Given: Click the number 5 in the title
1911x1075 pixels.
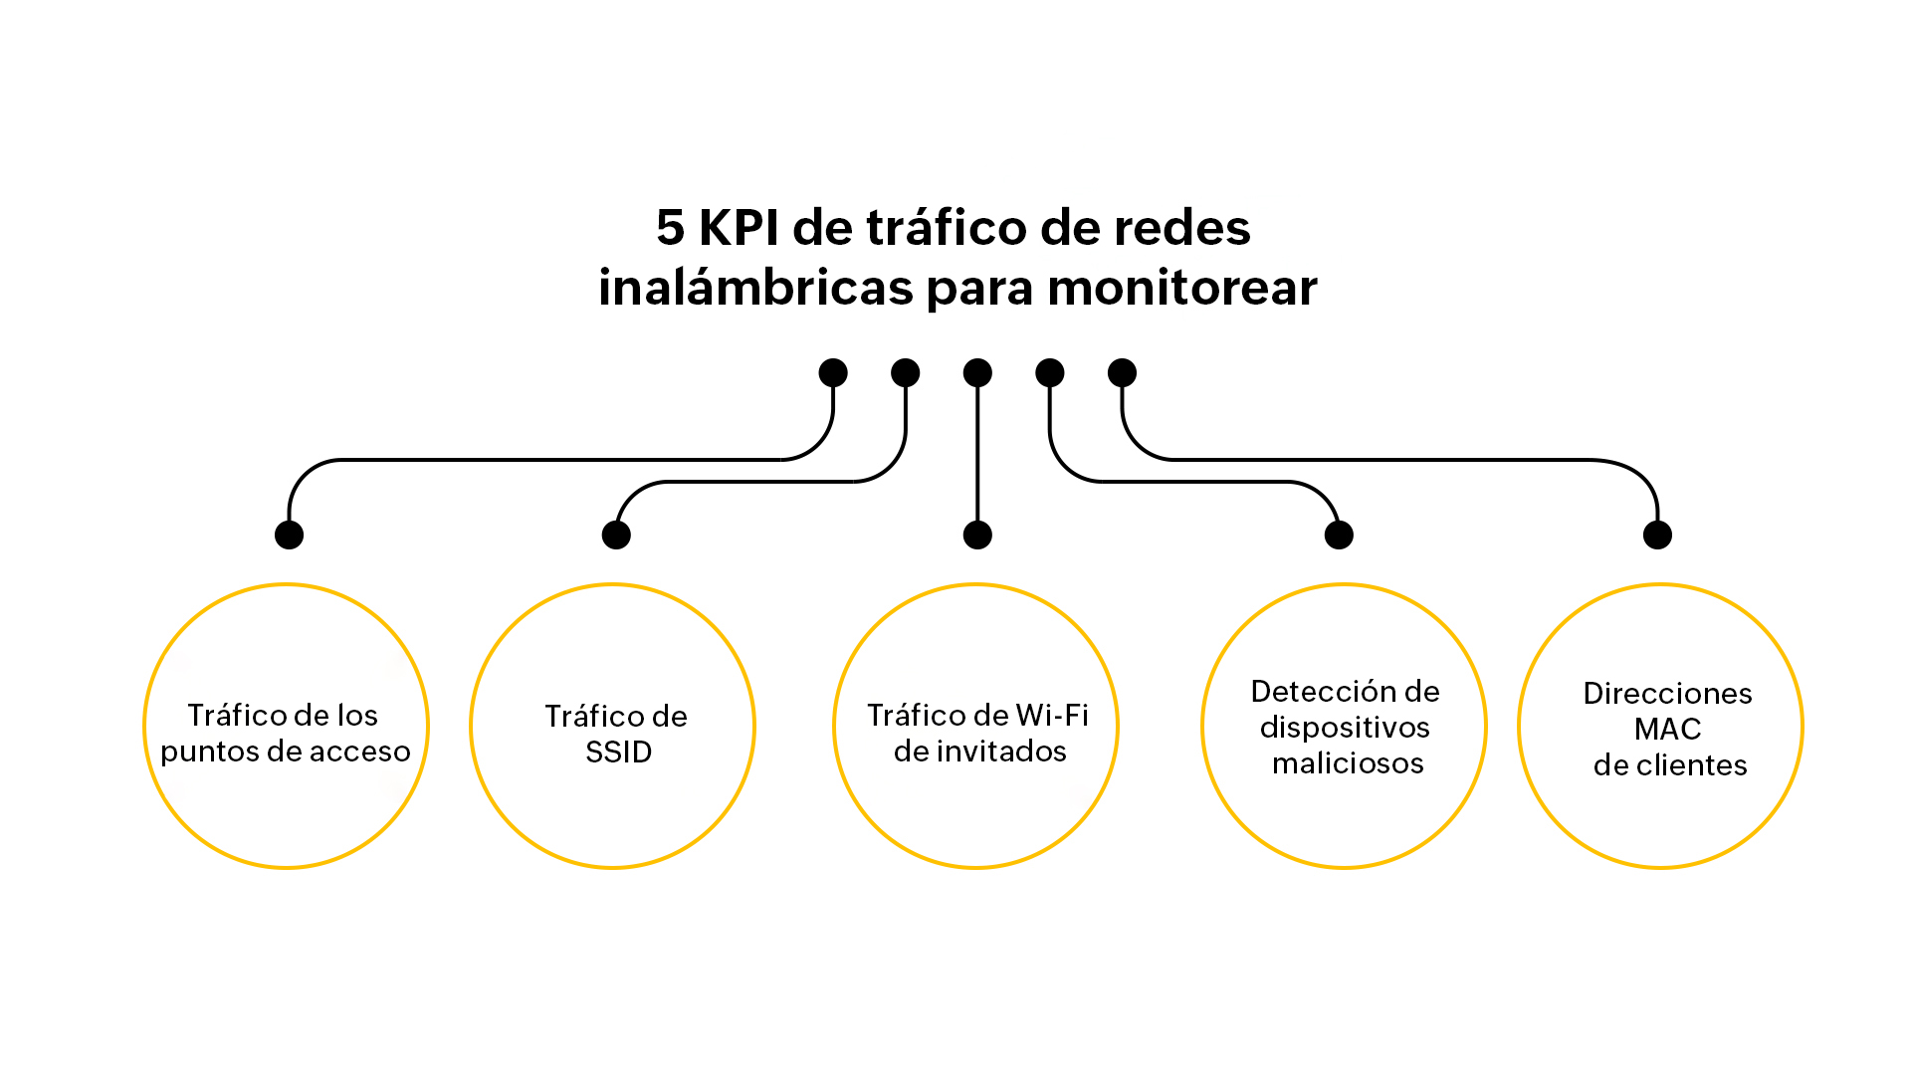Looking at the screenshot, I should click(671, 228).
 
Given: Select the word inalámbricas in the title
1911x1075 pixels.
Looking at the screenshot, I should click(755, 289).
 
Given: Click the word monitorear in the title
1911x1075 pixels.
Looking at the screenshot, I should click(1182, 289).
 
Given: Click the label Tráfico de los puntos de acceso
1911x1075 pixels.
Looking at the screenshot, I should click(285, 733).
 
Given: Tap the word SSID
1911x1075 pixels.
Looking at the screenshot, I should click(618, 752).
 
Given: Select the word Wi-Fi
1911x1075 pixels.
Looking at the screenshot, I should click(1053, 716).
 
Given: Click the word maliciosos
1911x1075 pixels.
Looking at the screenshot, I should click(1348, 763).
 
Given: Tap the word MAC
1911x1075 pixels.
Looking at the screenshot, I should click(1667, 730).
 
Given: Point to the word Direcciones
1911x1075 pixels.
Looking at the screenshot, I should click(1667, 694).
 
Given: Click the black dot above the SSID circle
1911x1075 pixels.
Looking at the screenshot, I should click(616, 536).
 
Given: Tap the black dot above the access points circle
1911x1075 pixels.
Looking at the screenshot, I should click(289, 536).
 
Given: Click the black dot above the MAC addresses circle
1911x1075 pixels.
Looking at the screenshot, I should click(1657, 536).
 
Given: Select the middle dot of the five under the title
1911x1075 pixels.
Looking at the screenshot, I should click(977, 373).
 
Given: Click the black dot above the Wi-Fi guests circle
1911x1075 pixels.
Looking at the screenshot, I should click(977, 536).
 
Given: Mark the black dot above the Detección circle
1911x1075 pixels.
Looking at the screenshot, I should click(1339, 536).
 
